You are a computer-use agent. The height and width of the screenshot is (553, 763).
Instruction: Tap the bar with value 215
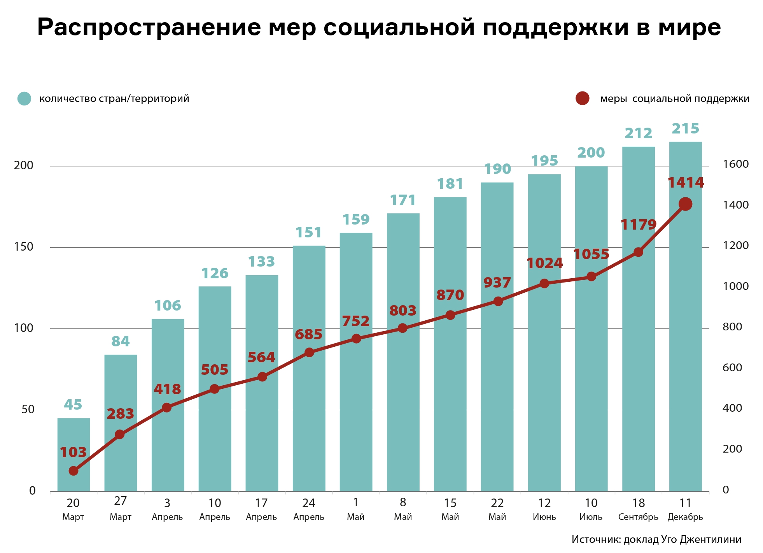coord(685,350)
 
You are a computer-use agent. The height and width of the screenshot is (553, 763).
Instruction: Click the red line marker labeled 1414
coord(685,204)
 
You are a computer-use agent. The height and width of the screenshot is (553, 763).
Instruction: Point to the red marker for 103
coord(73,471)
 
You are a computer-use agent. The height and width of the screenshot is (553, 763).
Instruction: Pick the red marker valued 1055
coord(591,277)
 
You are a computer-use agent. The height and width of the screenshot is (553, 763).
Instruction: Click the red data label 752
coord(355,321)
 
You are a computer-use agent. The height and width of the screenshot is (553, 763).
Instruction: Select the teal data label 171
coord(403,200)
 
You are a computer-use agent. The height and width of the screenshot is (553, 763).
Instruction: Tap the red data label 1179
coord(638,225)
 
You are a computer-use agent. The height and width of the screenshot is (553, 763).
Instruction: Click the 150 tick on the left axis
coord(24,247)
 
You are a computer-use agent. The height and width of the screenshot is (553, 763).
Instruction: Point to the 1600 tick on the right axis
coord(735,164)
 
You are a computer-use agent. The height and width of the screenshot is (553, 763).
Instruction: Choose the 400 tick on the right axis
coord(732,408)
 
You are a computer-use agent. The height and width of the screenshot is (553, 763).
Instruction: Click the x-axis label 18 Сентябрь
coord(638,509)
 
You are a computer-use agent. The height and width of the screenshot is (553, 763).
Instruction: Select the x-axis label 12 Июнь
coord(544,509)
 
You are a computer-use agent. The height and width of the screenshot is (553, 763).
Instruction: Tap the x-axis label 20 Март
coord(73,509)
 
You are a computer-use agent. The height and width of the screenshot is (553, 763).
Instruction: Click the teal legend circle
coord(24,98)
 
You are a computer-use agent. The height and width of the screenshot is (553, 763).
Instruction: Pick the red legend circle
coord(582,98)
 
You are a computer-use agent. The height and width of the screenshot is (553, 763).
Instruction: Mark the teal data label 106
coord(168,306)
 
